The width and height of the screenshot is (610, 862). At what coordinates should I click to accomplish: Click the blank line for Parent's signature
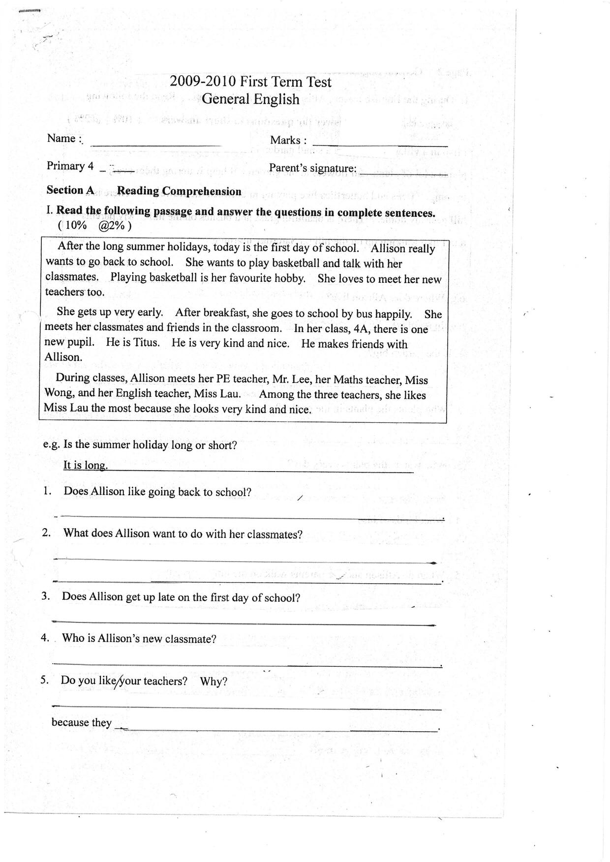tap(403, 174)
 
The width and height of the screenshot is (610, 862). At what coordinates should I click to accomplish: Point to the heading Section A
tap(70, 190)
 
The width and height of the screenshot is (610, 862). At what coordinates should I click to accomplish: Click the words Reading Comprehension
tap(179, 191)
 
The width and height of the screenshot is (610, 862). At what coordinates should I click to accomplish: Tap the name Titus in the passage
tap(146, 343)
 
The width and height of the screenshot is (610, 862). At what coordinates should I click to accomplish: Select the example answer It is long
tap(85, 465)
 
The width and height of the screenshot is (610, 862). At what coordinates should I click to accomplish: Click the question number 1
tap(47, 491)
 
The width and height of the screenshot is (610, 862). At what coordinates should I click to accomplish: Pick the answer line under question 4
tap(246, 664)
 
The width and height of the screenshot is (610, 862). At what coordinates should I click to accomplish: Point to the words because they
tap(81, 722)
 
